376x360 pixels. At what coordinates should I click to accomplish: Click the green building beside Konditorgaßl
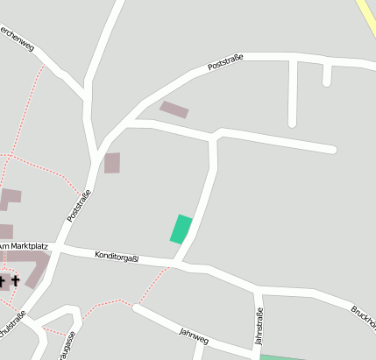pyautogui.click(x=181, y=229)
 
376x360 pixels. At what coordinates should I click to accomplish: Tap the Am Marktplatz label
pyautogui.click(x=23, y=247)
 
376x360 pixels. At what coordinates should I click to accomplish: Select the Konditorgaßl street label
pyautogui.click(x=118, y=257)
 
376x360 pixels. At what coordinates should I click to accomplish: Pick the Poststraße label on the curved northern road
pyautogui.click(x=225, y=61)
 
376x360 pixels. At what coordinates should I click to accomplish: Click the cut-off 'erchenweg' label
pyautogui.click(x=17, y=39)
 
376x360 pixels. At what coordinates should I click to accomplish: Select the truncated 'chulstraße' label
pyautogui.click(x=12, y=323)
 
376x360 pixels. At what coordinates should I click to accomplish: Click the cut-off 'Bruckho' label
pyautogui.click(x=363, y=314)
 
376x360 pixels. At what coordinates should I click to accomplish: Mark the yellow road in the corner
pyautogui.click(x=366, y=16)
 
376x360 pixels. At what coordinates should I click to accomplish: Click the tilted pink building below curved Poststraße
pyautogui.click(x=174, y=109)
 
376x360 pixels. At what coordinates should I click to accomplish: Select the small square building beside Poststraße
pyautogui.click(x=112, y=162)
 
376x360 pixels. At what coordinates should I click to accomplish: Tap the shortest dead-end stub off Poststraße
pyautogui.click(x=327, y=74)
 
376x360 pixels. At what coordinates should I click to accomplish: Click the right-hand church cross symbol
pyautogui.click(x=16, y=281)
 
